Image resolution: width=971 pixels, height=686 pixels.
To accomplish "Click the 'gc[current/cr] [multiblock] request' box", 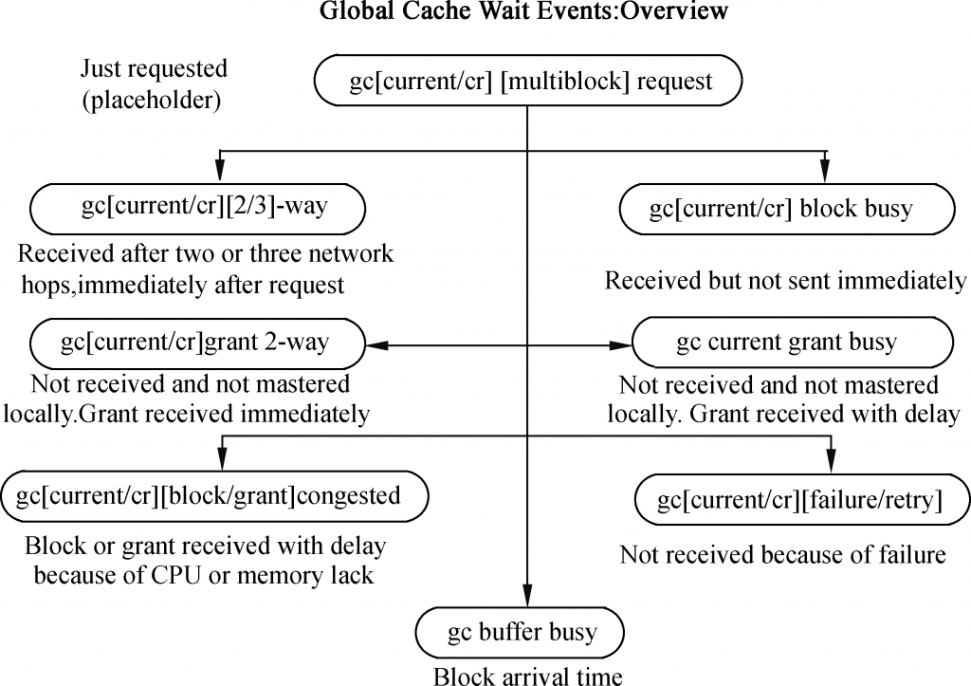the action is click(528, 81).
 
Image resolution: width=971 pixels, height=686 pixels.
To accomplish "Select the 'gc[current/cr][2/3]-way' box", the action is click(197, 209).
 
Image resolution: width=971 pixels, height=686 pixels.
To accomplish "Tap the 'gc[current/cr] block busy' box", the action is click(787, 209).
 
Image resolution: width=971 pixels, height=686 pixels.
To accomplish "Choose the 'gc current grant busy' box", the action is click(793, 343).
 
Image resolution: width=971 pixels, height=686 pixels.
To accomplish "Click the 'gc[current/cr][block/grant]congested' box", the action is click(214, 496).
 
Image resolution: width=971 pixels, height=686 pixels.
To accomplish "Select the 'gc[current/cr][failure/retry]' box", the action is click(802, 500).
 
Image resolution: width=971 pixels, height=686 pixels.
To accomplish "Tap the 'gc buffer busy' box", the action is click(521, 633).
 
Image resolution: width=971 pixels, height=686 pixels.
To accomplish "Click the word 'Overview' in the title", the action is click(674, 10).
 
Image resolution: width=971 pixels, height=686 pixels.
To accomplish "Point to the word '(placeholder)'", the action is click(152, 100).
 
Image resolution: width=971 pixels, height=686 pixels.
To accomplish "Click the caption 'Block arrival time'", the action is click(527, 676).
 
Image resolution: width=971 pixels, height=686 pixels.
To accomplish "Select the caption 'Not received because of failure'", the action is click(782, 555).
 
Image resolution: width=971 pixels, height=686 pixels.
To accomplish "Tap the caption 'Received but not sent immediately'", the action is click(785, 281).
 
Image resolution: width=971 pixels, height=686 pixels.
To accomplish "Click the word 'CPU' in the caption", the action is click(176, 575).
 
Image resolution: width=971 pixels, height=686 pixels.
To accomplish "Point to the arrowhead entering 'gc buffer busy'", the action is click(527, 596).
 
